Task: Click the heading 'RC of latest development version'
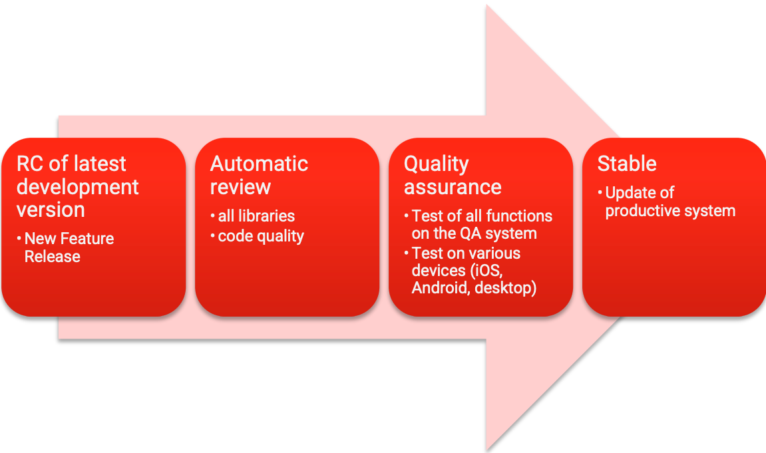click(78, 186)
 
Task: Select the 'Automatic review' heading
click(259, 175)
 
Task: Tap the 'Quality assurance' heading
click(453, 175)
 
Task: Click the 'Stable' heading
click(627, 164)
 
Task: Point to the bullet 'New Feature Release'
click(69, 247)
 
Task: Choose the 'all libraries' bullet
click(256, 216)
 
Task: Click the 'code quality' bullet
click(261, 236)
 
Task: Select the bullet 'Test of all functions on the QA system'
click(482, 225)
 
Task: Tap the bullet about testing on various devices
click(474, 271)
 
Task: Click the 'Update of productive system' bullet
click(670, 202)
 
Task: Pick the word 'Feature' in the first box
click(89, 239)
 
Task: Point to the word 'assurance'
click(453, 187)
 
